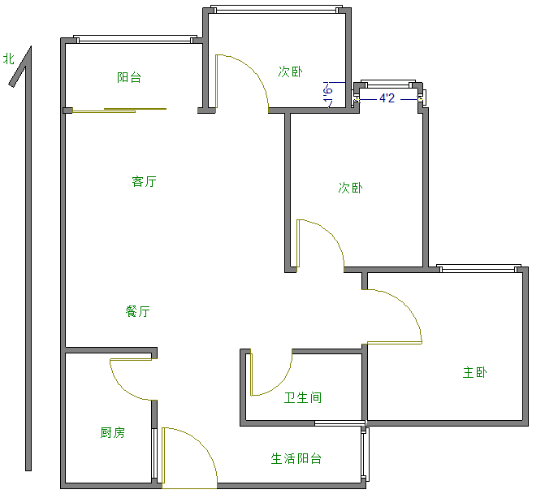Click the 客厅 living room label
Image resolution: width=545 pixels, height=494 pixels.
144,181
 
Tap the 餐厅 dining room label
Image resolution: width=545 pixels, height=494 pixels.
137,311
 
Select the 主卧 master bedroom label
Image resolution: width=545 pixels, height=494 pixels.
475,372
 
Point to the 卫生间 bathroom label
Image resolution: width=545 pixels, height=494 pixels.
302,397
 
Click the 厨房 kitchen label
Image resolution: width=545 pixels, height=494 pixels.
113,432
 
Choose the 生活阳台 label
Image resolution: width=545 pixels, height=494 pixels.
296,458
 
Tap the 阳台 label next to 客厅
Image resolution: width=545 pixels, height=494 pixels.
129,77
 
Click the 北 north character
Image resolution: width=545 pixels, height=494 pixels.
9,58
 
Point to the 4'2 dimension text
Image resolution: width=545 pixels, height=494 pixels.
387,98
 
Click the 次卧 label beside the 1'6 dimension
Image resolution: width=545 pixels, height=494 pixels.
290,71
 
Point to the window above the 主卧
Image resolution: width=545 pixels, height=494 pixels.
478,267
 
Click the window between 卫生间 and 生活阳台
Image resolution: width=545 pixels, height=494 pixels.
339,422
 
